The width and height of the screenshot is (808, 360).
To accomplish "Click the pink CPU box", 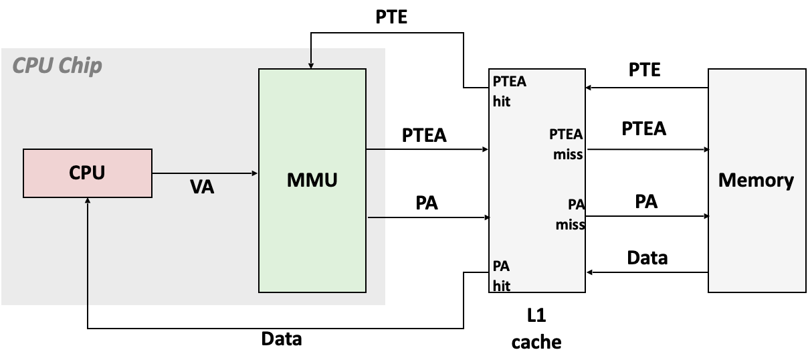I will [x=88, y=173].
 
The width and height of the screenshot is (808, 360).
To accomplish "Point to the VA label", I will [x=202, y=187].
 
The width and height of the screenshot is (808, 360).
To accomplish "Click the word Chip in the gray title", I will [x=80, y=66].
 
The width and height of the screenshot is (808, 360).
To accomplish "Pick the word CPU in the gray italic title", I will [x=31, y=66].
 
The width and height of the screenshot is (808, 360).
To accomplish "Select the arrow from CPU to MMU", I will [x=205, y=173].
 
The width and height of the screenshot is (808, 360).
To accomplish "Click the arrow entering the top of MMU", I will [x=311, y=59].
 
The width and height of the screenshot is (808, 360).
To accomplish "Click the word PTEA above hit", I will [x=510, y=82].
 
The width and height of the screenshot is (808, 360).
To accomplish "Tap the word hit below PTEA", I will [x=502, y=102].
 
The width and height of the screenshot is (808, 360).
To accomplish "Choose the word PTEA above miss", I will [x=566, y=134].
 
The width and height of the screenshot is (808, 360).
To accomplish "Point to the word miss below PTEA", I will [x=568, y=155].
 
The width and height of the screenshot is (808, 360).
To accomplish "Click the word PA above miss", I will [x=576, y=204].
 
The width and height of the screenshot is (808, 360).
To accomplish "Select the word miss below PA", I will [x=570, y=226].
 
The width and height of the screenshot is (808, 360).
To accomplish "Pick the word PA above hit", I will [x=502, y=266].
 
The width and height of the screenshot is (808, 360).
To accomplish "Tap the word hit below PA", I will [x=502, y=286].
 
